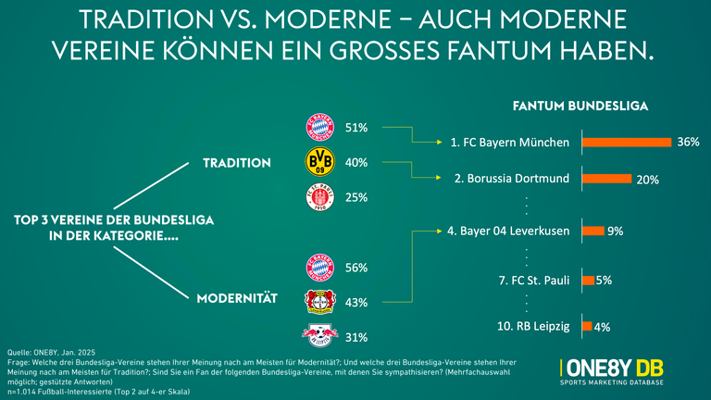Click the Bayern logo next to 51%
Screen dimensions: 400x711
[x=318, y=128]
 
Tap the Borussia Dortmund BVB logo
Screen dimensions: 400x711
[x=318, y=163]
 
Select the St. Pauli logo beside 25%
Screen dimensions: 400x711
[x=318, y=198]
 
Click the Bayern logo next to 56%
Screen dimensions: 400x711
[x=318, y=268]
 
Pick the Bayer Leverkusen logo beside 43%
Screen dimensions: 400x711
[x=318, y=303]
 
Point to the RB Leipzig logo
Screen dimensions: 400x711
[x=318, y=336]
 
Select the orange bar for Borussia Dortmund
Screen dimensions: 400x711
[x=607, y=179]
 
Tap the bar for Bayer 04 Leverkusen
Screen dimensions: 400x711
[x=593, y=231]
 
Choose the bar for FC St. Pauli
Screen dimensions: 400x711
[x=588, y=280]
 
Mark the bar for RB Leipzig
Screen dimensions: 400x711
[x=587, y=326]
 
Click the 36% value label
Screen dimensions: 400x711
[x=688, y=143]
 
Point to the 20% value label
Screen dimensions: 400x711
[x=647, y=180]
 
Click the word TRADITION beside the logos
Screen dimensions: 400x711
[x=237, y=163]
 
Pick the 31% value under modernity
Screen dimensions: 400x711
[x=356, y=338]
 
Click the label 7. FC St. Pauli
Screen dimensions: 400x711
[x=529, y=280]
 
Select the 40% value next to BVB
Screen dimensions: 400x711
[x=356, y=163]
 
